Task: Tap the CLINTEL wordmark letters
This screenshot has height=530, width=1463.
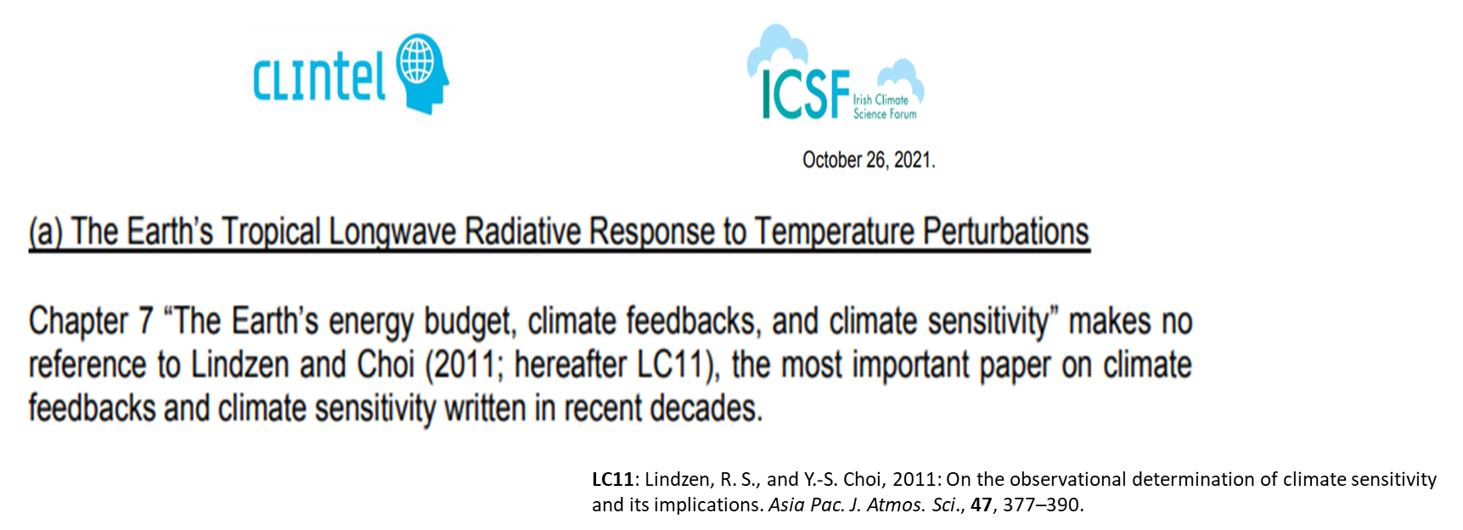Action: point(320,76)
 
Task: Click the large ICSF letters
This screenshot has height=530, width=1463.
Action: point(805,94)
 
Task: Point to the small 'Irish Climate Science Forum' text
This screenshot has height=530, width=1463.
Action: point(885,107)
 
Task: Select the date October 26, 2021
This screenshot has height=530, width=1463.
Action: point(869,160)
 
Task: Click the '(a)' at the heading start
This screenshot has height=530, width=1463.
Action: point(46,232)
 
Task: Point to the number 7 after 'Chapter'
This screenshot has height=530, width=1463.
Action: point(146,321)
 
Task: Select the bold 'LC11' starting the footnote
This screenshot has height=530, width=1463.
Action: point(612,480)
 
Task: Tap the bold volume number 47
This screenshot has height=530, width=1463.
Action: point(982,505)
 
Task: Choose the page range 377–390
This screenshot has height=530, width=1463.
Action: point(1042,505)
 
